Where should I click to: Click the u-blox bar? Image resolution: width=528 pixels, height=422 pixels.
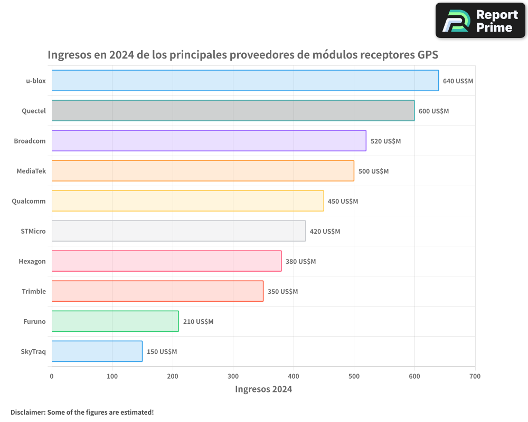point(245,81)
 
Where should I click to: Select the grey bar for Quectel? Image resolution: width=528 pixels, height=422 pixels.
point(233,111)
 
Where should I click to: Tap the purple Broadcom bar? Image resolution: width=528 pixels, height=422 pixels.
point(209,141)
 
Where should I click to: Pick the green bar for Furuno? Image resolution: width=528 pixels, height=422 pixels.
point(115,321)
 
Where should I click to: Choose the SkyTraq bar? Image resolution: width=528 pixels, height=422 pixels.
point(97,351)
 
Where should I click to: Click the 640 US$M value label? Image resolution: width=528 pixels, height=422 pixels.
point(458,81)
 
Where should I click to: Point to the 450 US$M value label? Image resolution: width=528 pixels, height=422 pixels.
point(343,202)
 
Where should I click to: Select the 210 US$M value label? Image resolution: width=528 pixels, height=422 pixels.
point(198,322)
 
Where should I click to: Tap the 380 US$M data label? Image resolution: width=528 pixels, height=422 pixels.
point(300,262)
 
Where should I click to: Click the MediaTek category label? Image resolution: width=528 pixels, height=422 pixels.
point(31,171)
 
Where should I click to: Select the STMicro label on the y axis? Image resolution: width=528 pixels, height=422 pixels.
point(33,231)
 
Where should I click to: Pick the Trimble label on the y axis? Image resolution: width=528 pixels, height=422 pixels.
point(34,291)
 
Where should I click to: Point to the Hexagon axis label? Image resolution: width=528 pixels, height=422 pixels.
point(32,261)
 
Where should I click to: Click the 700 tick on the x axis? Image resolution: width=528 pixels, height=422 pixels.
point(475,376)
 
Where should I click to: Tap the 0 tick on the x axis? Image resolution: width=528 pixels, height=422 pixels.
point(52,376)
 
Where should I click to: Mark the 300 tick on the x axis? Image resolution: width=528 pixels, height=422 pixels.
point(233,376)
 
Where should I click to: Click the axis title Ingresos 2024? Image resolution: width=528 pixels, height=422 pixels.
point(263,389)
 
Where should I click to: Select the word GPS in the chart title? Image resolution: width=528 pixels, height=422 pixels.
point(428,54)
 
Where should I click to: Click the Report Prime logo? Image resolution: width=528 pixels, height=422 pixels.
point(480,21)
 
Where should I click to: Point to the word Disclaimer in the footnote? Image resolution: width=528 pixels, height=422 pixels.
point(27,412)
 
